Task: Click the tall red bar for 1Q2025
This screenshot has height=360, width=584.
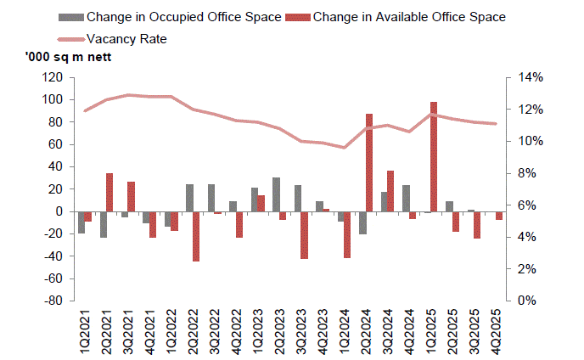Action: [x=434, y=156]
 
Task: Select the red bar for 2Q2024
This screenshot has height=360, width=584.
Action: [x=369, y=162]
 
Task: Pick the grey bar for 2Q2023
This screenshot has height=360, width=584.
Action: [x=276, y=194]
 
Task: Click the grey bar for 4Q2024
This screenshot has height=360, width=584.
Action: [x=406, y=198]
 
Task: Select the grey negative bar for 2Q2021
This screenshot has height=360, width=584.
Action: [x=103, y=224]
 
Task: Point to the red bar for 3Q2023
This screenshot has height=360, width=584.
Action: [x=304, y=234]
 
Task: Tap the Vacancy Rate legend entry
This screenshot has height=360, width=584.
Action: [x=124, y=38]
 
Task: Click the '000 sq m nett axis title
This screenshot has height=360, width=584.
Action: [x=61, y=57]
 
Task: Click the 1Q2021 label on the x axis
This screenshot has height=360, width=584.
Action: [x=82, y=331]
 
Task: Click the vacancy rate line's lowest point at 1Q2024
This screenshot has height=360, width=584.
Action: [x=344, y=148]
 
